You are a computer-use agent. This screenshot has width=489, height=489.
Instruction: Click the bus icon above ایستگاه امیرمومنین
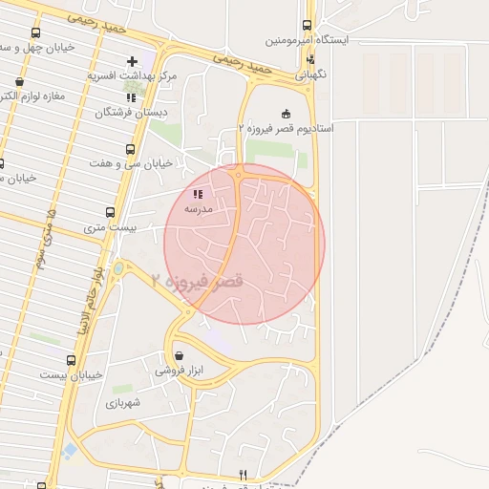coord(307,26)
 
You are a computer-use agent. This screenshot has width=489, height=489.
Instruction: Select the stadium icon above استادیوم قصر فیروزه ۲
coord(285,114)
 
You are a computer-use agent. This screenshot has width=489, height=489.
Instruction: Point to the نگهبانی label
coord(309,73)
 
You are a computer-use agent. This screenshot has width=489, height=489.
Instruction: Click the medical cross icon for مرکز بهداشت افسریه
coord(132,59)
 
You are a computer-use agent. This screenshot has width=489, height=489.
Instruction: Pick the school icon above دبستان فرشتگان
coord(131,97)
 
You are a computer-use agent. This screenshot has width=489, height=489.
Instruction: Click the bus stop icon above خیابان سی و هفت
coord(131,149)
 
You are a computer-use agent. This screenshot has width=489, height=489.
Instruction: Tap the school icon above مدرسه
coord(197,193)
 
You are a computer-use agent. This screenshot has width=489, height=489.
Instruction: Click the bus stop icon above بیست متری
coord(111,213)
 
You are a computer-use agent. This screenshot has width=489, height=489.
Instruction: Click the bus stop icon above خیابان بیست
coord(71,360)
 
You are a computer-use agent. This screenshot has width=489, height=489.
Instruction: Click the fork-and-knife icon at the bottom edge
coord(244,475)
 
